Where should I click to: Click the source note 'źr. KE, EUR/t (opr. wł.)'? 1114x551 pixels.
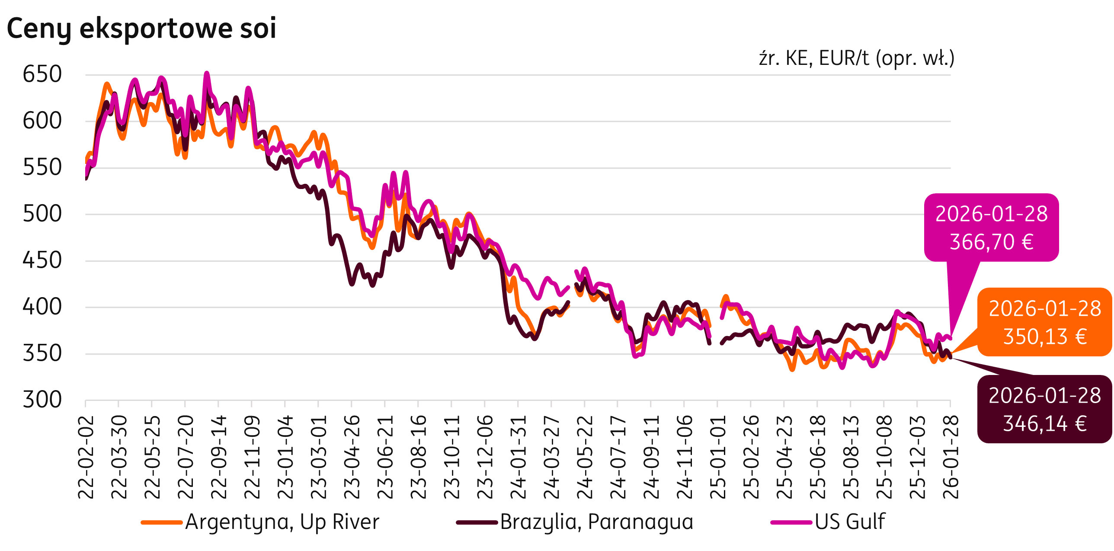click(x=856, y=58)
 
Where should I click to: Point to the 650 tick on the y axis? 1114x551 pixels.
click(x=42, y=74)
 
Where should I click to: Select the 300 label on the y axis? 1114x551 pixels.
click(x=42, y=400)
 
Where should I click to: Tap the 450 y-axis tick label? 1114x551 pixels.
click(x=42, y=261)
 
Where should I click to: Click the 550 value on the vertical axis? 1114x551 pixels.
click(x=42, y=168)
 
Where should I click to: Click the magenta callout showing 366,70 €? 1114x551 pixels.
click(x=991, y=227)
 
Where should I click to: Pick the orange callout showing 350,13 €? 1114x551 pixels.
click(x=1044, y=322)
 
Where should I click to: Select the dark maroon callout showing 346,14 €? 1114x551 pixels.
click(x=1044, y=409)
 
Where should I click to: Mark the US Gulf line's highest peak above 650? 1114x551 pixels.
click(x=207, y=74)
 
